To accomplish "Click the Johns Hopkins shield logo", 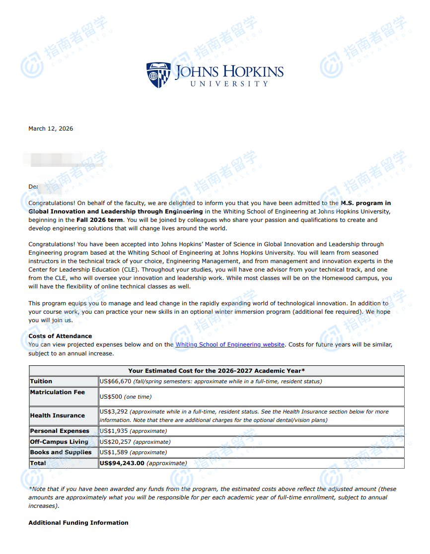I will pos(158,75).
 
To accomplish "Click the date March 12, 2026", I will pos(51,129).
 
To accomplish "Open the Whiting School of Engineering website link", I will pos(230,345).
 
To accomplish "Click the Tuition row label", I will pos(41,381).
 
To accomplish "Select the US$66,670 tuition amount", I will pos(115,381).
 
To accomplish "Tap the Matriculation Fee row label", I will pos(58,392).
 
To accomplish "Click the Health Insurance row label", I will pos(58,415).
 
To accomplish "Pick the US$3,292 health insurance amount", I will pos(114,412).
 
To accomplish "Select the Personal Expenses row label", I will pos(60,431).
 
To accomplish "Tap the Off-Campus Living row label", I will pos(59,442).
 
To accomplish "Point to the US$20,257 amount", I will pos(115,442).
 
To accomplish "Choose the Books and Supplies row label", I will pos(61,452).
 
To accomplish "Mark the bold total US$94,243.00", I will pos(122,463).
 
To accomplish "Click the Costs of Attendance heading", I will pos(60,336).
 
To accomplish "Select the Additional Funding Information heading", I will pos(78,523).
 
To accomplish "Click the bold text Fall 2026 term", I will pos(99,220).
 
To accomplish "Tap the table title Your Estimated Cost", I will pos(216,371).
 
